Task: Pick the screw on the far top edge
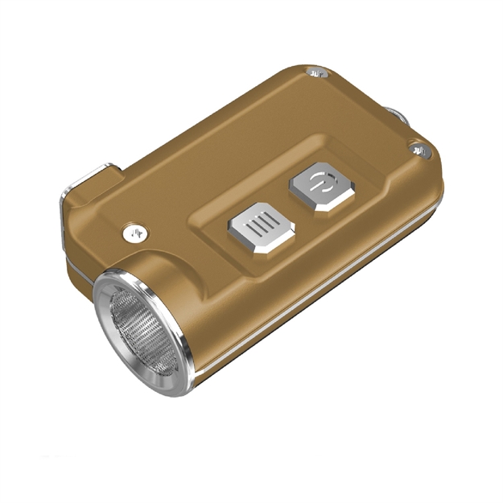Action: [x=318, y=76]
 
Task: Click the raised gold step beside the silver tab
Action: [x=80, y=201]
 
